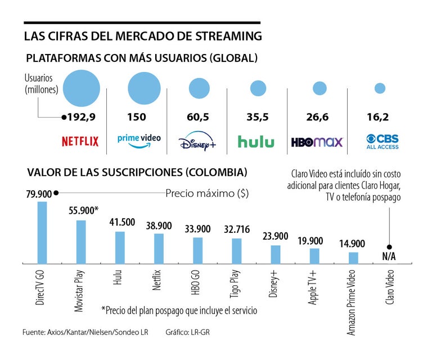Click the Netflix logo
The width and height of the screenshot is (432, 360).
[80, 142]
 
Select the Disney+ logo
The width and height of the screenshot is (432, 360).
[197, 143]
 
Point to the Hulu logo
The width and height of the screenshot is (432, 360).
[256, 142]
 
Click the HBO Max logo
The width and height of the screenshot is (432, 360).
[317, 142]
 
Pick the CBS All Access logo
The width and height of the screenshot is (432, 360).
[382, 142]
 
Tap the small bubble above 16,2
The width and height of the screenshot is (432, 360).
[380, 88]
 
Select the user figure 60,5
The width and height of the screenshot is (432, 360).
[197, 117]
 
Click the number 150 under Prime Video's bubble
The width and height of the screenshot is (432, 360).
[137, 117]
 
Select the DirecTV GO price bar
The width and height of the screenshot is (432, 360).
[42, 232]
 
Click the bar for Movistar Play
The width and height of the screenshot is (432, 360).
[81, 241]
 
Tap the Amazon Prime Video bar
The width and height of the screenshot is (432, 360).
[353, 257]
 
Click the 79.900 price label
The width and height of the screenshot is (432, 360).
[38, 194]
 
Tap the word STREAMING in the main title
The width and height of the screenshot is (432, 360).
[231, 37]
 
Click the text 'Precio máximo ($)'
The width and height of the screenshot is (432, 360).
[207, 193]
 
